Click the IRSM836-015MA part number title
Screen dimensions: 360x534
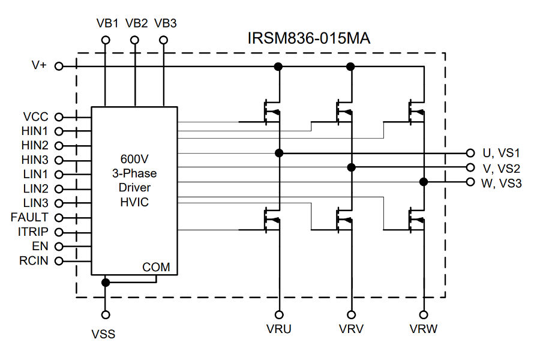pos(308,38)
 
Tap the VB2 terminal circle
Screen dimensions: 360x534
pos(134,40)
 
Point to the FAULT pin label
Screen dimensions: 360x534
pos(29,217)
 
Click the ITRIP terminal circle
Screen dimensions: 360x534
pos(59,232)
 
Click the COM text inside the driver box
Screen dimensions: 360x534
pos(155,266)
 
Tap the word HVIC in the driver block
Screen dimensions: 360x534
pos(134,203)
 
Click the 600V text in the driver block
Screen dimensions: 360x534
pos(134,160)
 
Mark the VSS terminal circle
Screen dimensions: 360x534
pos(106,314)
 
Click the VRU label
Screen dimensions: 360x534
pos(278,329)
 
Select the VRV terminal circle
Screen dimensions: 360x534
pos(352,314)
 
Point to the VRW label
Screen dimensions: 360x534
pos(424,329)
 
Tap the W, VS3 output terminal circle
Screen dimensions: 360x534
pos(470,182)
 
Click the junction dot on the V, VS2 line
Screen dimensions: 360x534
pos(352,167)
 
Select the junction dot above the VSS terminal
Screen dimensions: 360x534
pos(106,282)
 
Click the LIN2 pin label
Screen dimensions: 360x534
pos(35,188)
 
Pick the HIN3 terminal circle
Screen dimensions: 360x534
pos(59,160)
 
